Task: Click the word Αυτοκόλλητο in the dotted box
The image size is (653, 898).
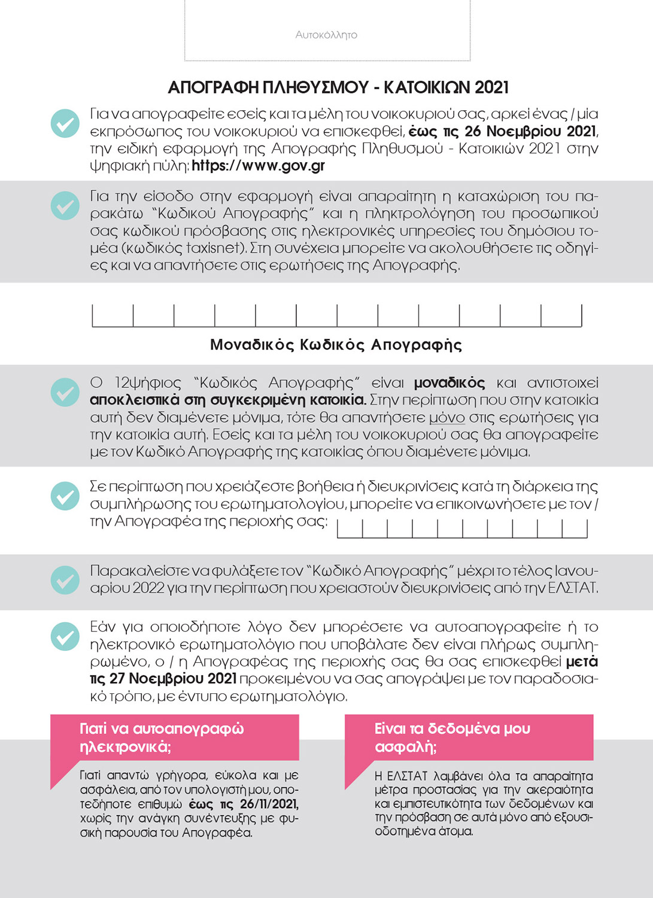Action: [326, 35]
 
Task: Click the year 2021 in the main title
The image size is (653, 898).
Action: [491, 88]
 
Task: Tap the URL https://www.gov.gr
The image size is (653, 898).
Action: [258, 166]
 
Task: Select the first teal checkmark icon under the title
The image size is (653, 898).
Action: [65, 123]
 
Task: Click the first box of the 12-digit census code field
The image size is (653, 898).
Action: [113, 315]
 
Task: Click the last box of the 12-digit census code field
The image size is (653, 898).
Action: [561, 315]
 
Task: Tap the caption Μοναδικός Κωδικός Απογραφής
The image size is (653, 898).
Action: [336, 345]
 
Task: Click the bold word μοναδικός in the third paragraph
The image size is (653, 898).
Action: [449, 383]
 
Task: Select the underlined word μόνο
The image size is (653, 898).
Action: [447, 417]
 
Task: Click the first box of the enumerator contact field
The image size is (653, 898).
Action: [350, 529]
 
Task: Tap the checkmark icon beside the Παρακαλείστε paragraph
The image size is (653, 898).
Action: [65, 580]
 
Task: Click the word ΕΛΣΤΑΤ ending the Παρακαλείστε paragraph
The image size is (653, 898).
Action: [572, 588]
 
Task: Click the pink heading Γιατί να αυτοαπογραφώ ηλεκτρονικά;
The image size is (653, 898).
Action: [162, 738]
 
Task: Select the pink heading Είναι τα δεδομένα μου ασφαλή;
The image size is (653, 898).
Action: [452, 738]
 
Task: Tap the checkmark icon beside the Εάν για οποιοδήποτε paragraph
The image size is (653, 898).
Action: [65, 636]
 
